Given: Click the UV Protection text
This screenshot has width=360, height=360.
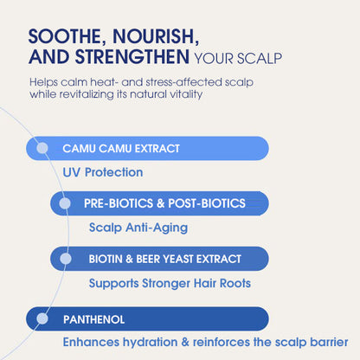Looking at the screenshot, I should pyautogui.click(x=102, y=172).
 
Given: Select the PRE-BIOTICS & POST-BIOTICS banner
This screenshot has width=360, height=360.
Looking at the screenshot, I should pyautogui.click(x=164, y=203).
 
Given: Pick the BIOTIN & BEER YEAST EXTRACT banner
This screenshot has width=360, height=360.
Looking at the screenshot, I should pyautogui.click(x=164, y=259).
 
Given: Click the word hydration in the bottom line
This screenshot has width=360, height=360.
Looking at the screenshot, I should pyautogui.click(x=148, y=343).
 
